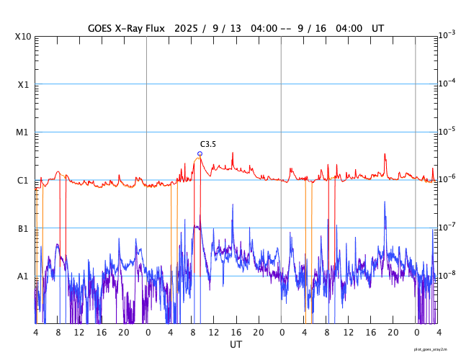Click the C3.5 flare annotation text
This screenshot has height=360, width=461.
208,144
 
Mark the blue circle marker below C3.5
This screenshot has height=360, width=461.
200,153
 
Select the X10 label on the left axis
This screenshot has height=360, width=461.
23,37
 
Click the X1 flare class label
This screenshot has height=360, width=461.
23,84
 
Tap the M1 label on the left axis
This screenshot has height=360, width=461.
23,132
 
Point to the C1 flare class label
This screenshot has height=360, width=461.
23,180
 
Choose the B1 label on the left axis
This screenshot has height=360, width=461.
23,228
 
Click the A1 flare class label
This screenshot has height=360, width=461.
23,276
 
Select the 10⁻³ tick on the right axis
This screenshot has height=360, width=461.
447,35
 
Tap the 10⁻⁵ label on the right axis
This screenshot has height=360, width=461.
447,131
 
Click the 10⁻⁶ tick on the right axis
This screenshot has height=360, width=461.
447,179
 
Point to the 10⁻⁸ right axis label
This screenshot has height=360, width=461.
447,275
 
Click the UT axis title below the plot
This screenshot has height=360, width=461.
236,345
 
